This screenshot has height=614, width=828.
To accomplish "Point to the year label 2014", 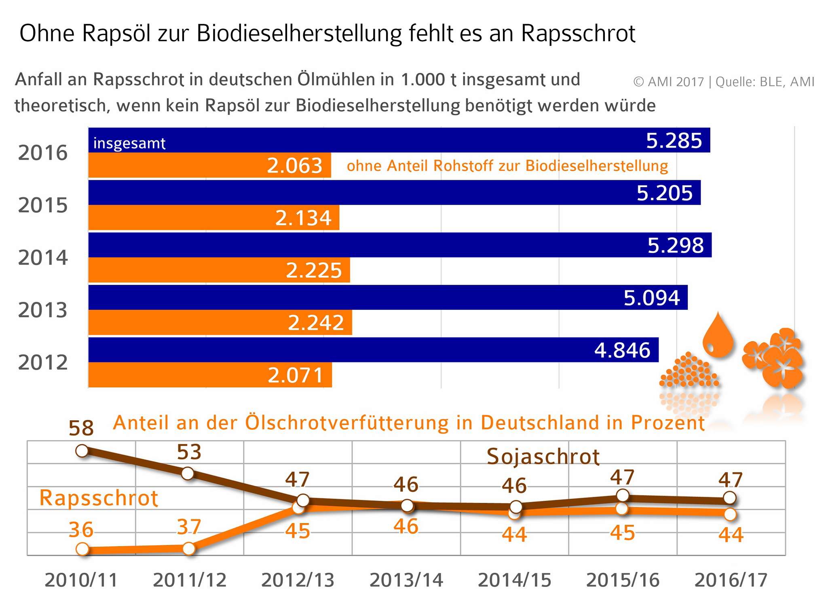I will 43,258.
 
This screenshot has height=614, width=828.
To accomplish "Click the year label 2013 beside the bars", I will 43,310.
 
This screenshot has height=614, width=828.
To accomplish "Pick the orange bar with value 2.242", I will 220,322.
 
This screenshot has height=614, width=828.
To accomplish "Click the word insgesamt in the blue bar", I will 129,143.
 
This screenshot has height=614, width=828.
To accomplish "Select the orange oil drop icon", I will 718,335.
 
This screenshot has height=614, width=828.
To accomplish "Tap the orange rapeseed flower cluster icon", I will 774,358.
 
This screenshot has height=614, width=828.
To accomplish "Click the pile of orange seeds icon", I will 689,371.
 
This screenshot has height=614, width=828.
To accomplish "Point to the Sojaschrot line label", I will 543,456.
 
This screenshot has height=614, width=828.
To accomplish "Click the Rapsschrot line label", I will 98,498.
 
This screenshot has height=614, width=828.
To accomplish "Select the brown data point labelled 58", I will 82,451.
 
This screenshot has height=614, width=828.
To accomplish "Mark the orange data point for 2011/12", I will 189,548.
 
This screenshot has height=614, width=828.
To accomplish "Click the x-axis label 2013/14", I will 406,580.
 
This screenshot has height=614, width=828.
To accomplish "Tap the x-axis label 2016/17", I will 731,580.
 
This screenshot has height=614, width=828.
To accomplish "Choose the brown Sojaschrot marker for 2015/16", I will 623,495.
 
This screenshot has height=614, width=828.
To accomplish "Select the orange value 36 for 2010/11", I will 81,529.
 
